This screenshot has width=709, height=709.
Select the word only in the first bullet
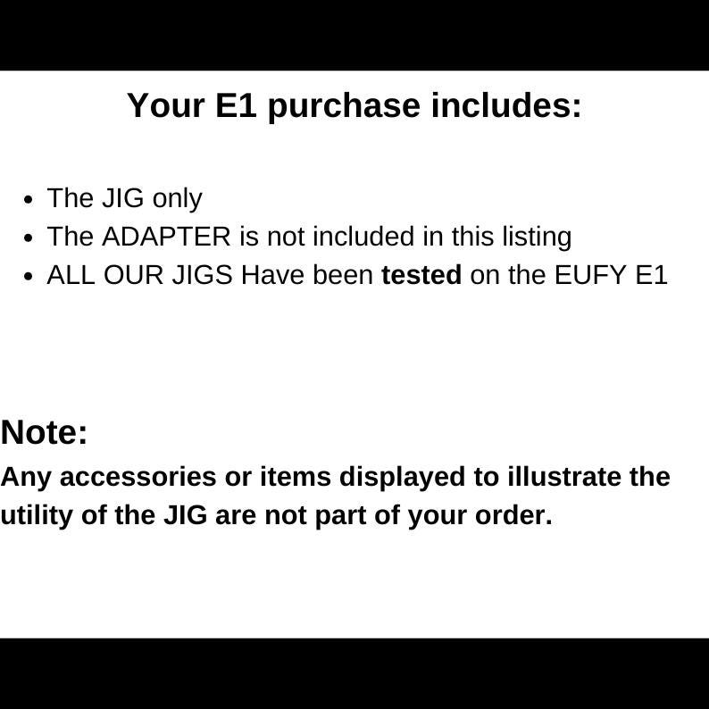coord(177,198)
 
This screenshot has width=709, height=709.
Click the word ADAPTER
coord(166,237)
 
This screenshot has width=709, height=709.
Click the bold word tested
coord(421,275)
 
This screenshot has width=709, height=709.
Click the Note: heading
coord(45,432)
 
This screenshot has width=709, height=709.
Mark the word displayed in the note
coord(403,477)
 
